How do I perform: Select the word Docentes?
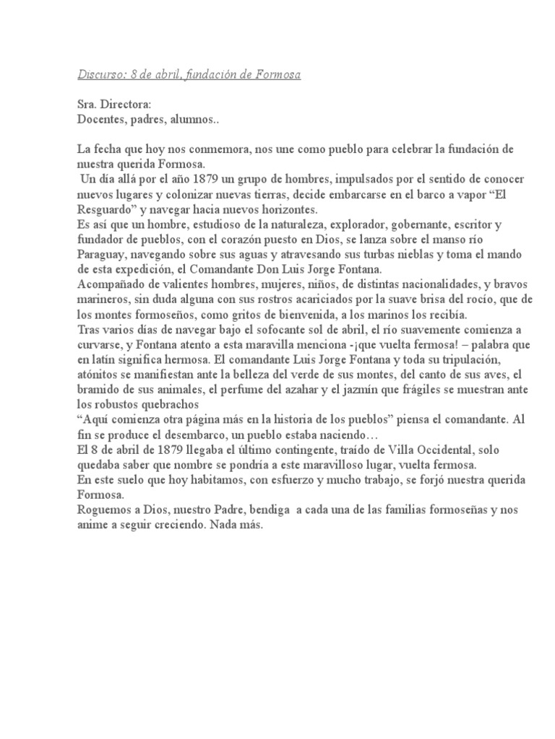tap(99, 119)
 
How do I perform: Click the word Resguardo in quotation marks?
tap(108, 209)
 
